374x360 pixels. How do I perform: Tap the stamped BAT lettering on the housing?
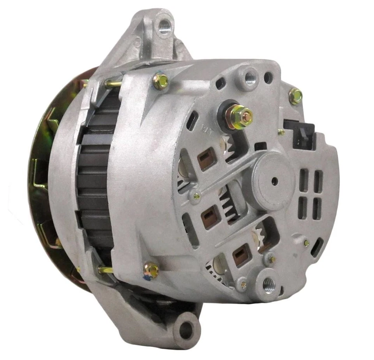tap(205, 127)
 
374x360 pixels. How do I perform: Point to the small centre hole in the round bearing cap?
tap(275, 181)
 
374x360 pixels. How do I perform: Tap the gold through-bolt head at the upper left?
tap(161, 81)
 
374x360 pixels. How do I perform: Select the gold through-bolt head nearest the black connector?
tap(296, 96)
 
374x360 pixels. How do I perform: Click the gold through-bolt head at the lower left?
tap(151, 269)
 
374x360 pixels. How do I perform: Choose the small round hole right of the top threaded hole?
tap(268, 78)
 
